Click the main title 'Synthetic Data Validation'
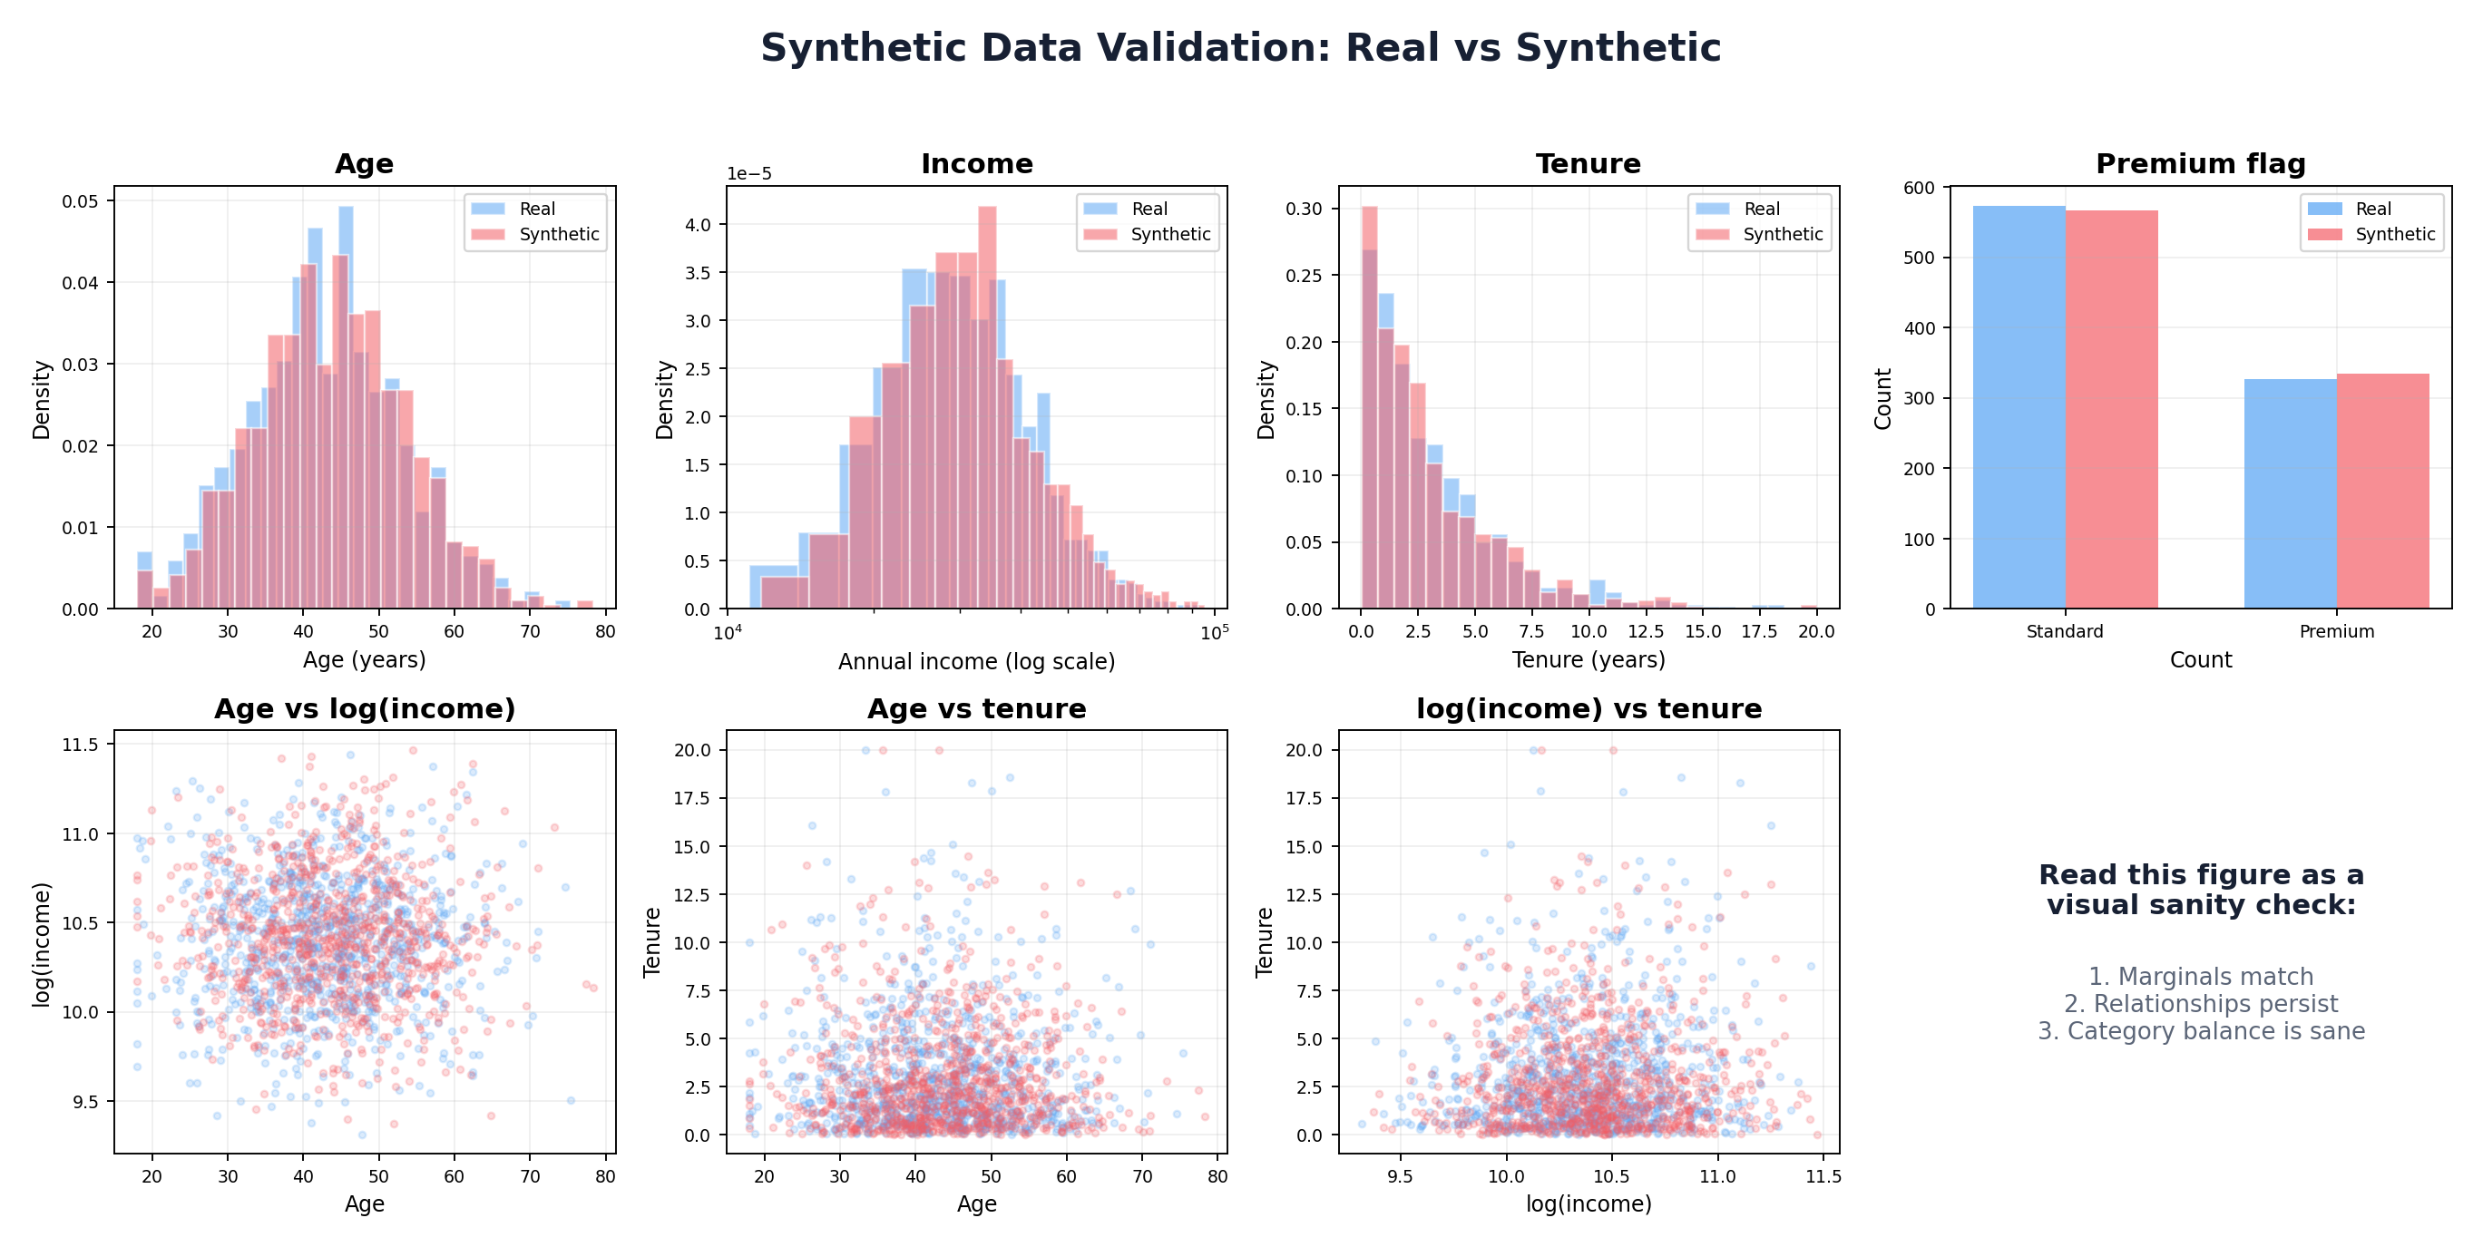1240,48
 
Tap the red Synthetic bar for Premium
2381,491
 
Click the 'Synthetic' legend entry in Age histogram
558,234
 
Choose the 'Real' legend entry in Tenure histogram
1761,209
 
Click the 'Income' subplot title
976,164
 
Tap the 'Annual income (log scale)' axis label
976,661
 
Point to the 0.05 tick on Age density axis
80,201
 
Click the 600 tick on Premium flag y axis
1918,188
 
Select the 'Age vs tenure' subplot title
976,708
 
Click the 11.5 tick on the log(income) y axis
80,745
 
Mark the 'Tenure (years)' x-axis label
1588,660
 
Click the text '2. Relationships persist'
2200,1003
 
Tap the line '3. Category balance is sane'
2200,1031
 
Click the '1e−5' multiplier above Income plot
749,174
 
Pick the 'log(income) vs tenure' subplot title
1588,708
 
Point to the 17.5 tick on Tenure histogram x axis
1758,631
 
